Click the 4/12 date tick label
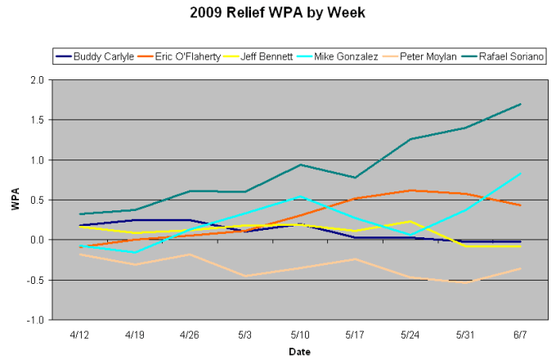click(79, 334)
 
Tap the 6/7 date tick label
click(521, 334)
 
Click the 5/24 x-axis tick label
click(410, 334)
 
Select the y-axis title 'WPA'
click(15, 200)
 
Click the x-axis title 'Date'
click(299, 351)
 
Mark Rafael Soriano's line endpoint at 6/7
click(521, 104)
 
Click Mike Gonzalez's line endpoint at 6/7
click(521, 173)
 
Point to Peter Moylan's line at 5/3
click(245, 276)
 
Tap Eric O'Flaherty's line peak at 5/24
click(410, 190)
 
